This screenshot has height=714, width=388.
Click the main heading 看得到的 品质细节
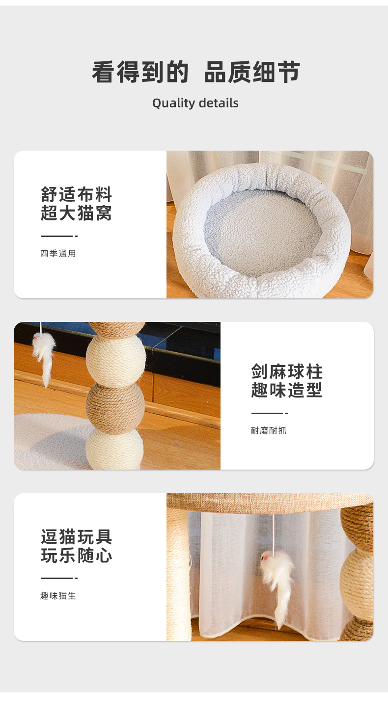click(x=195, y=72)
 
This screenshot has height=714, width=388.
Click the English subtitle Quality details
click(x=195, y=103)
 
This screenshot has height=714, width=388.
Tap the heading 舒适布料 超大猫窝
click(x=76, y=204)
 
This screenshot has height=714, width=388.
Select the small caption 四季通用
click(x=58, y=253)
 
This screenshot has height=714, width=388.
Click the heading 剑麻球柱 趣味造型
click(x=287, y=381)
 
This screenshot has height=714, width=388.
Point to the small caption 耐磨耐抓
click(x=268, y=431)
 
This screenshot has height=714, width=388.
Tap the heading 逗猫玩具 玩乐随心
click(x=76, y=546)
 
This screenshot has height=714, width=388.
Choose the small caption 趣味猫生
click(x=58, y=596)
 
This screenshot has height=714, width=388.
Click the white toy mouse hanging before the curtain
click(x=277, y=581)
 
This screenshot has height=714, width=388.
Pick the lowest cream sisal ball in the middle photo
click(x=115, y=449)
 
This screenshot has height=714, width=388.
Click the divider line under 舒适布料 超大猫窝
click(x=59, y=236)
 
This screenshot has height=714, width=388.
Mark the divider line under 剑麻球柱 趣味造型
click(x=270, y=413)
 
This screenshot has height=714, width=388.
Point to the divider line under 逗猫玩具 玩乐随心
click(x=59, y=578)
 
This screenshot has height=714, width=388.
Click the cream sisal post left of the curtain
click(x=179, y=574)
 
